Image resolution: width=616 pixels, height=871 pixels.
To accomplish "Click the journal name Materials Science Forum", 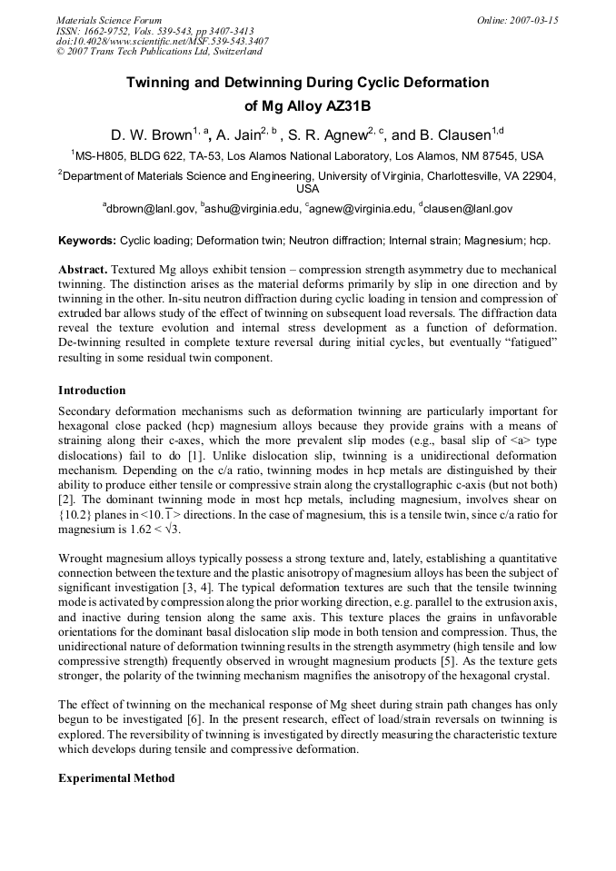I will coord(109,19).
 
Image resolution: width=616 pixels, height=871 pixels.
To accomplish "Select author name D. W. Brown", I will coord(150,135).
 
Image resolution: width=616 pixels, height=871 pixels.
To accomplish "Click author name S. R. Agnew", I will coord(331,135).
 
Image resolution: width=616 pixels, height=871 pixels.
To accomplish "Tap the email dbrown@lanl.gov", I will coord(151,209).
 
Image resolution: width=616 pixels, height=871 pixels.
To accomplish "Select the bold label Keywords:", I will coord(87,242).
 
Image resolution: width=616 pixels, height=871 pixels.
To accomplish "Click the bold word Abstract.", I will coord(84,271).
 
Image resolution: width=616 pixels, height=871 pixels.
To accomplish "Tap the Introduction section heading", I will coord(92,391).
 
